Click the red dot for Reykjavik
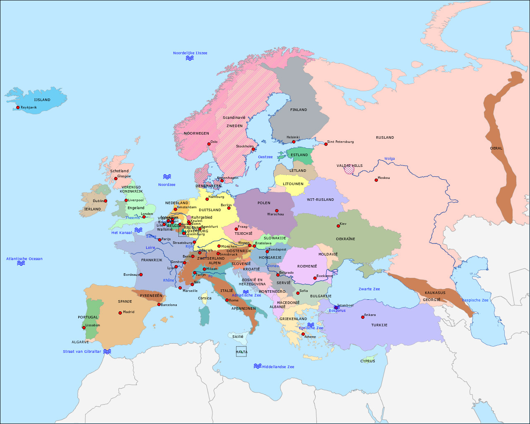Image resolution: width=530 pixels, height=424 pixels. (18, 108)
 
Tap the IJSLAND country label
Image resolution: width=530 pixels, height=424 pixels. (42, 100)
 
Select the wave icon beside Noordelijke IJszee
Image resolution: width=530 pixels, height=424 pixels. (190, 58)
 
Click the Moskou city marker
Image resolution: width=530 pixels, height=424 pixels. (376, 180)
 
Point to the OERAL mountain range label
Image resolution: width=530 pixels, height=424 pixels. (496, 148)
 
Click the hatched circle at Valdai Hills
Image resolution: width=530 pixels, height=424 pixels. (349, 169)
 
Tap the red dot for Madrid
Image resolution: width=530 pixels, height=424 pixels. (120, 313)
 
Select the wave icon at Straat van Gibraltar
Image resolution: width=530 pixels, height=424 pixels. (107, 352)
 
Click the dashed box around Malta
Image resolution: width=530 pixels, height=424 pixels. (241, 352)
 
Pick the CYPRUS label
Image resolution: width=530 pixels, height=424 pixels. (368, 361)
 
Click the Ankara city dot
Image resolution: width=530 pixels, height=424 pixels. (363, 317)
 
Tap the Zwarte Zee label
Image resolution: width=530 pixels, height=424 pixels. (369, 289)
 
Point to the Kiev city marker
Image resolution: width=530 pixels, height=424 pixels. (338, 226)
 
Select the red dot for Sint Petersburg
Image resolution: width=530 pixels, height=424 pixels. (326, 144)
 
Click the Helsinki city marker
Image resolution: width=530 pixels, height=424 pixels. (294, 142)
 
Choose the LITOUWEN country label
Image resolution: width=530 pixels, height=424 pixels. (293, 184)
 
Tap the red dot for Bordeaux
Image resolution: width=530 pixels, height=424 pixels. (141, 275)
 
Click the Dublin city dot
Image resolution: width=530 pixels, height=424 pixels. (106, 201)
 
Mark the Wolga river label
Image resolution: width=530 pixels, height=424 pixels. (389, 159)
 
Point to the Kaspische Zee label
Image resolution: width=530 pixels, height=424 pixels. (475, 300)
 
